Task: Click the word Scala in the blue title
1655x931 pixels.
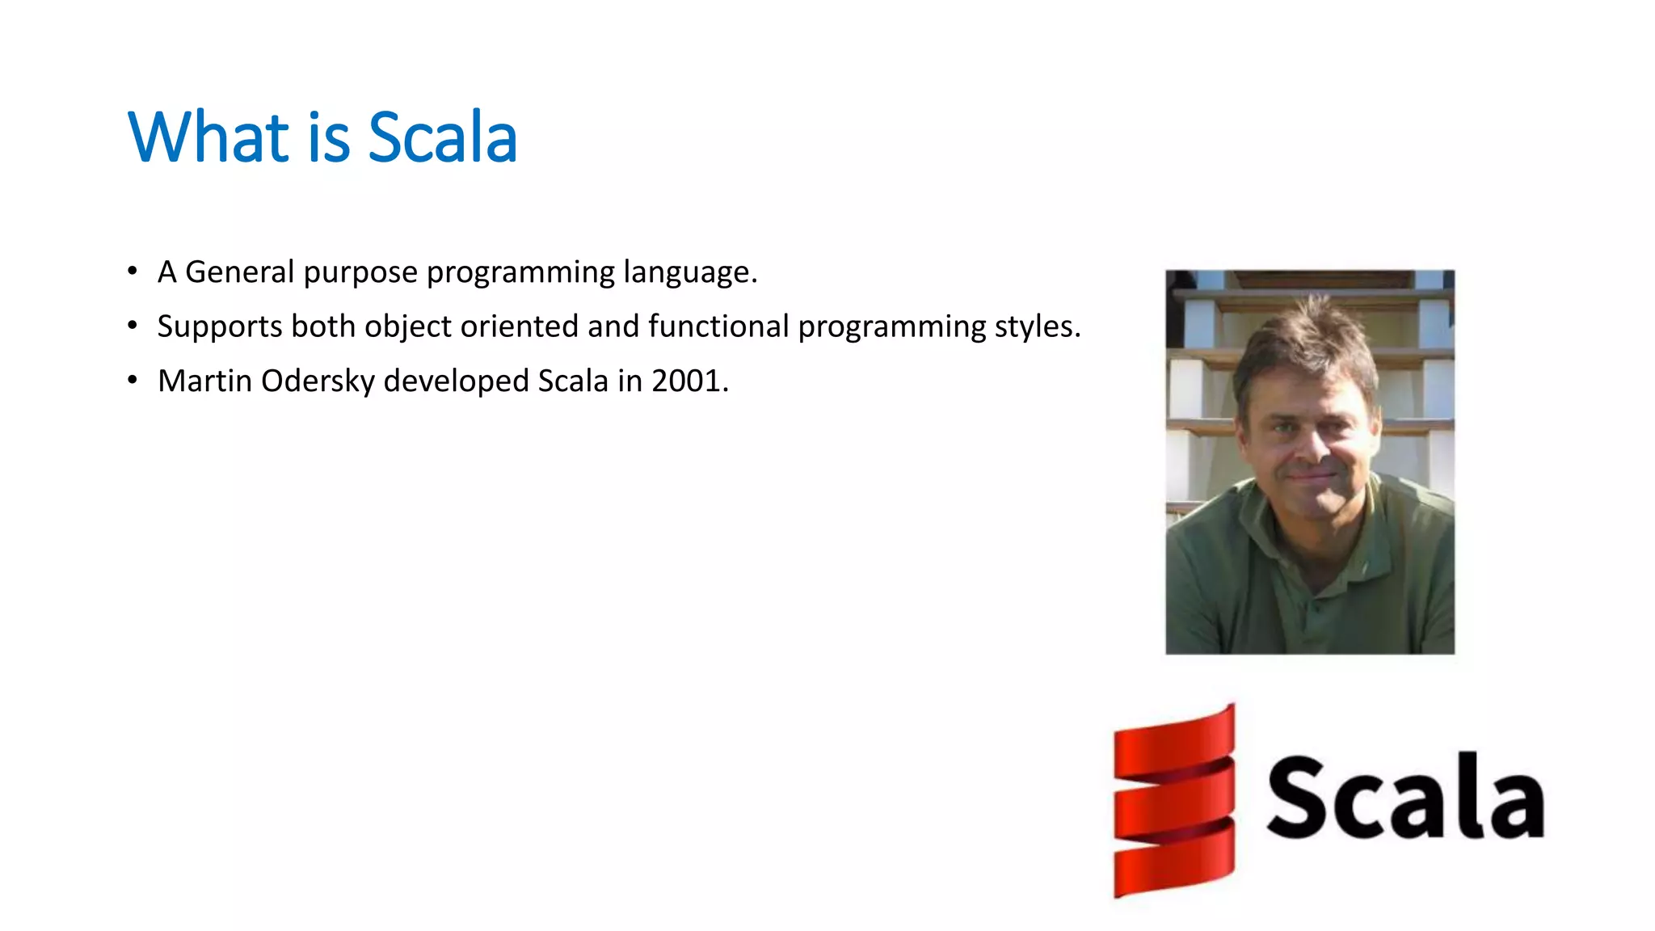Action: click(442, 137)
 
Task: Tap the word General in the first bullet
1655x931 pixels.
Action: click(239, 272)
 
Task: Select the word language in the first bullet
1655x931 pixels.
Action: click(689, 272)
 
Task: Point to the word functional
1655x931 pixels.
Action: click(718, 326)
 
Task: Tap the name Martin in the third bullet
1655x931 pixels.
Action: click(204, 381)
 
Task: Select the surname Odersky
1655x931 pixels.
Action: click(318, 381)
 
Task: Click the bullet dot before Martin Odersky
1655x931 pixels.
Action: click(133, 380)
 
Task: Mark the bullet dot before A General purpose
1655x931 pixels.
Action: click(133, 272)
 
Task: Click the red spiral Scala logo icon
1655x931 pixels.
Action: click(1173, 801)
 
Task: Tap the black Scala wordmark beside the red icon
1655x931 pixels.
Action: click(1404, 797)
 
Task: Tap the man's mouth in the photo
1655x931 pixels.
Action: click(1311, 478)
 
